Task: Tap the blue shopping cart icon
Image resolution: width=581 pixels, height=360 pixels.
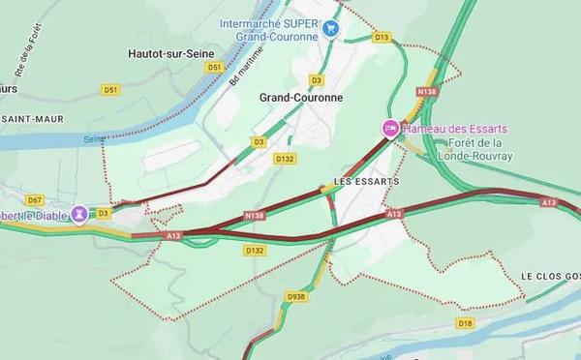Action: point(332,29)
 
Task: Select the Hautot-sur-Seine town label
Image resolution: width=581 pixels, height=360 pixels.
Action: point(173,54)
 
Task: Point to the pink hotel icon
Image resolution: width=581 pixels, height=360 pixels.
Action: point(390,129)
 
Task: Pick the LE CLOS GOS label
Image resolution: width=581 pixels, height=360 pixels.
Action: point(550,276)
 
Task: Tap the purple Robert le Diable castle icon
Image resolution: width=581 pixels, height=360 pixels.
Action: point(78,213)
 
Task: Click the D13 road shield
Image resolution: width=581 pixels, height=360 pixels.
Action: point(382,37)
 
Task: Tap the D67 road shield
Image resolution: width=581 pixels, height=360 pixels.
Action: point(35,198)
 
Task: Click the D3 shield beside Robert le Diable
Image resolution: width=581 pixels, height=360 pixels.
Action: point(104,212)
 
